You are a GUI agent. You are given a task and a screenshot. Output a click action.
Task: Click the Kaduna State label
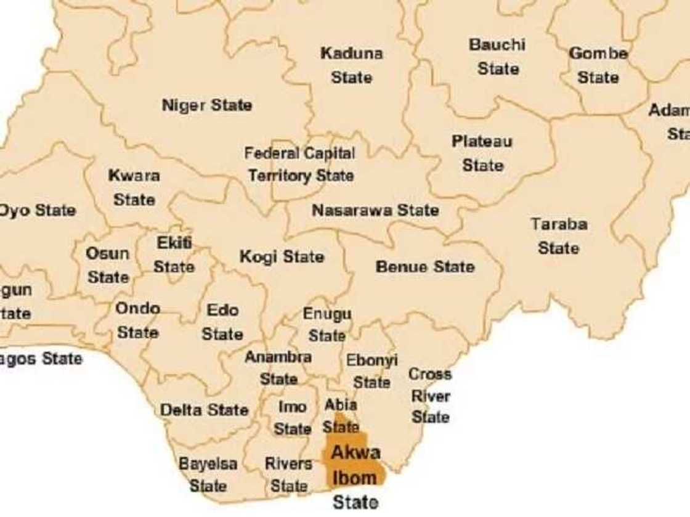click(351, 65)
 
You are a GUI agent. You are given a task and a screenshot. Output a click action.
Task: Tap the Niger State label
click(206, 105)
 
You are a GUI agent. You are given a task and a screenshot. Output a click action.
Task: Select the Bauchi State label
click(497, 56)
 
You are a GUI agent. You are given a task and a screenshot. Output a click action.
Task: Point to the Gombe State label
click(598, 65)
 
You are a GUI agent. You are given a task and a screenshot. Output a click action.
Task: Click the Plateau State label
click(482, 153)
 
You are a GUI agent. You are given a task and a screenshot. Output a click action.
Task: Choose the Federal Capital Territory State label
click(300, 165)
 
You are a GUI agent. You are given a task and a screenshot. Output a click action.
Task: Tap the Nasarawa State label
click(375, 210)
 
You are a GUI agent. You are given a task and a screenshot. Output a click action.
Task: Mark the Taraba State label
click(559, 235)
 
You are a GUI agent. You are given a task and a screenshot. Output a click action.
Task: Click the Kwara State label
click(134, 187)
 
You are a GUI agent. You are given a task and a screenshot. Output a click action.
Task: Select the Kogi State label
click(282, 256)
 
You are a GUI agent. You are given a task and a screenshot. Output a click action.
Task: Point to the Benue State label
click(425, 266)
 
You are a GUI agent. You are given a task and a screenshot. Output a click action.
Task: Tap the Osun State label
click(108, 265)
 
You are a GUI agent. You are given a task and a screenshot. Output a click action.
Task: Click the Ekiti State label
click(174, 254)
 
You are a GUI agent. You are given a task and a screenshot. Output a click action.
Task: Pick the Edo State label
click(222, 322)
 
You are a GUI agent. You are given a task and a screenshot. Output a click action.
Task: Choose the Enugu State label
click(327, 325)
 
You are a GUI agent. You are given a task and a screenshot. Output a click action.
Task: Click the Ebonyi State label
click(372, 371)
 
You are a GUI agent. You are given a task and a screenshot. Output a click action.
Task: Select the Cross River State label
click(430, 395)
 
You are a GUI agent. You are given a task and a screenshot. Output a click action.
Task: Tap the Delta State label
click(204, 410)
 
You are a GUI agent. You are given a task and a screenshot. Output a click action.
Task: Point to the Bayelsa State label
click(208, 474)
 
